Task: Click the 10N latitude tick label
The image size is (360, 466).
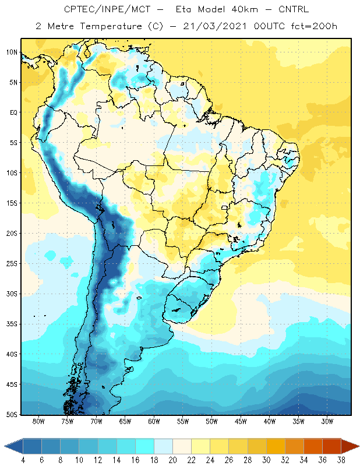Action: (12, 52)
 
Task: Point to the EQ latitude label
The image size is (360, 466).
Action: (13, 112)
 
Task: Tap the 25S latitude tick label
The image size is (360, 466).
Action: (12, 264)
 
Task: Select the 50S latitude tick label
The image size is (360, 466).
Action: (12, 415)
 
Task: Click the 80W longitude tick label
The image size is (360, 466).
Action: (38, 421)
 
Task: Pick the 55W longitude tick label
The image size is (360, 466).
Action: (183, 421)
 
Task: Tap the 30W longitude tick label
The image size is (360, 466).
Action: (327, 421)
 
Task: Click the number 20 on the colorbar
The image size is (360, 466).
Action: (172, 460)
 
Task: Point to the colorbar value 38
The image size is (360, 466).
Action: (341, 460)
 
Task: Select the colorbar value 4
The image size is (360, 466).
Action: (23, 460)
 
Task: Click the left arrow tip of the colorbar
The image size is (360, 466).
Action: (5, 446)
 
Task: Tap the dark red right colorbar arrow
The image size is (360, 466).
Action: (350, 446)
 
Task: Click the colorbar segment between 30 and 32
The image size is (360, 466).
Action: (276, 446)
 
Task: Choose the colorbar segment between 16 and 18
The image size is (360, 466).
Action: (144, 446)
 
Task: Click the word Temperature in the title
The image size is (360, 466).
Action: (111, 26)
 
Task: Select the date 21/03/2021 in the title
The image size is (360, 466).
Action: (214, 26)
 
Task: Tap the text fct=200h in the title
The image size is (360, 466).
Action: (314, 26)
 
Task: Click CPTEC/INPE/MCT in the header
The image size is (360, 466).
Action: (107, 9)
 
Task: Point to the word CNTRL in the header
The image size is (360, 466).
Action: (294, 9)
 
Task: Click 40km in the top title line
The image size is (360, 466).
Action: (244, 9)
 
